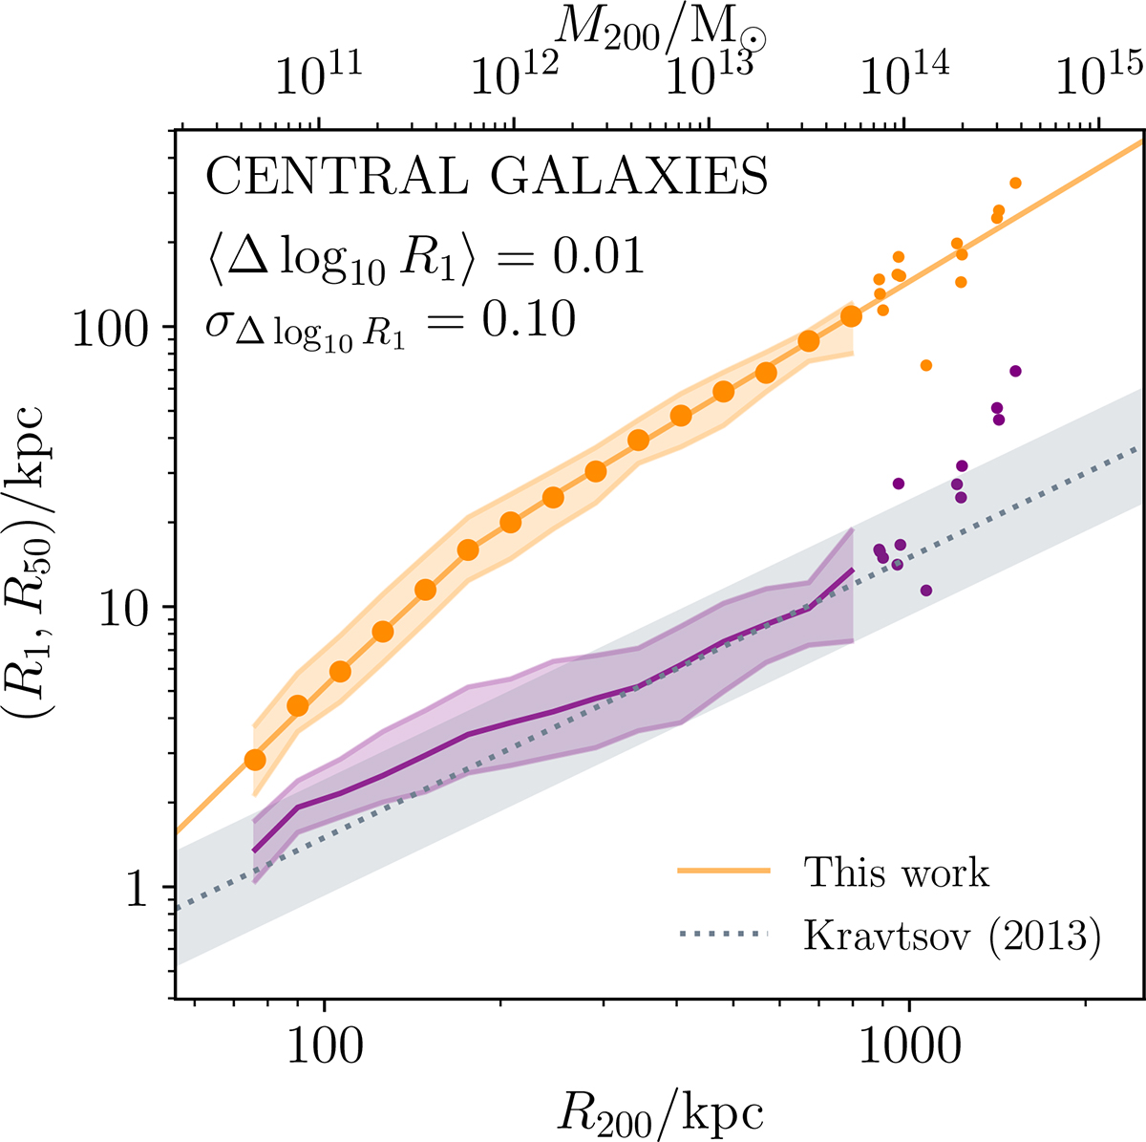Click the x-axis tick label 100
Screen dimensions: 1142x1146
[x=325, y=1045]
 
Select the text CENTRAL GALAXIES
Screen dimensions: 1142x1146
[x=487, y=178]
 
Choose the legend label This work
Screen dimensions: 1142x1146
[x=896, y=872]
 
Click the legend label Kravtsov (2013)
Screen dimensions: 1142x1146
[x=953, y=936]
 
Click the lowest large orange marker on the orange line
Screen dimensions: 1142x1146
[x=255, y=760]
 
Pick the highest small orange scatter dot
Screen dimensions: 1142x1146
[x=1015, y=183]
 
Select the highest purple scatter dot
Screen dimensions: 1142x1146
[x=1015, y=371]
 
